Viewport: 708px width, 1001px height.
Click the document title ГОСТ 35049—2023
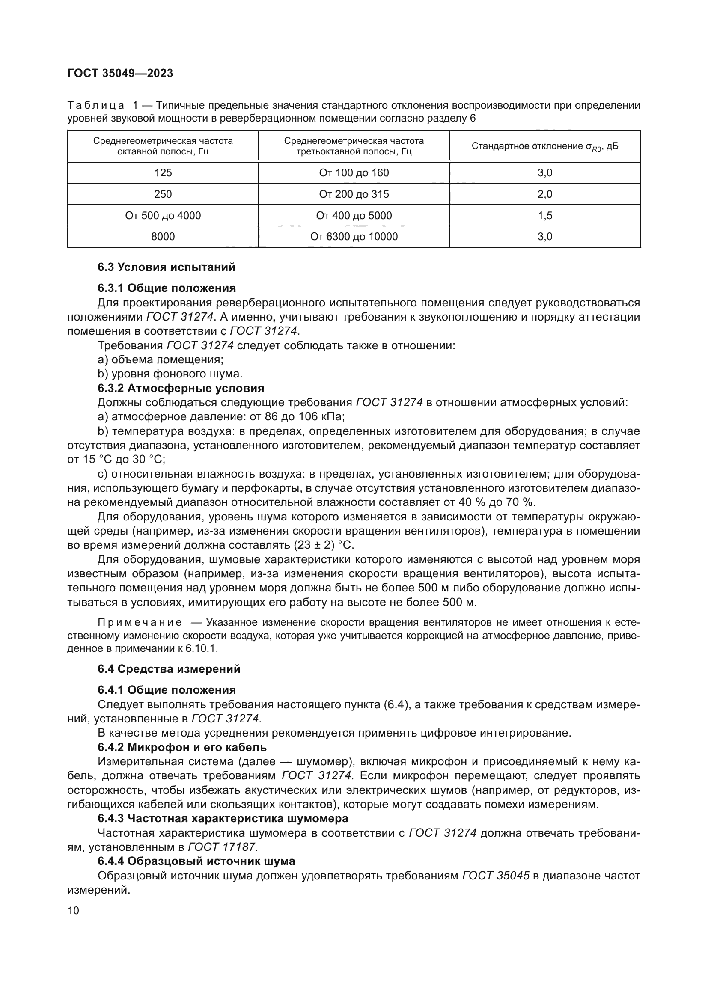pos(120,73)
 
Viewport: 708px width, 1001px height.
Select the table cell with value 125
pos(163,172)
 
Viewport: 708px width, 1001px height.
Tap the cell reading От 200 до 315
pos(354,194)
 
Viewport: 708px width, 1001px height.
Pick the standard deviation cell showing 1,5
pos(544,215)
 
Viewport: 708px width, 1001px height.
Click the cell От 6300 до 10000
pos(354,237)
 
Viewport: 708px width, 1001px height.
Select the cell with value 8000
pos(163,237)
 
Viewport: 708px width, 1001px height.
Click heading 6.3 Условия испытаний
pos(166,267)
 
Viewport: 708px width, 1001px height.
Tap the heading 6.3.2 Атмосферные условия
pos(181,388)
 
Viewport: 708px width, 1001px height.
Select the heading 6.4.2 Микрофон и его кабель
pos(182,747)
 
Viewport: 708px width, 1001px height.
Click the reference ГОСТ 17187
pos(223,847)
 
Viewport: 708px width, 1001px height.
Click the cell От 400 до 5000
pos(354,215)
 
